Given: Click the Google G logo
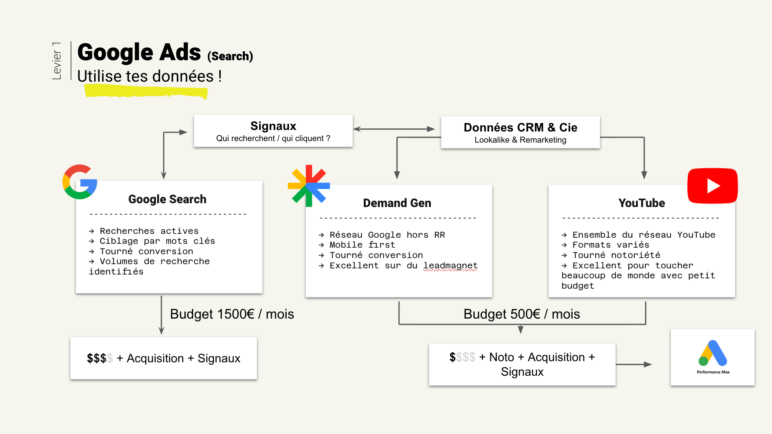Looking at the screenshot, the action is point(80,182).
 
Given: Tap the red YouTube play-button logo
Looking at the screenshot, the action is point(713,186).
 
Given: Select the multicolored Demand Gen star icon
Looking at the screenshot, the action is point(309,186).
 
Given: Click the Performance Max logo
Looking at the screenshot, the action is point(713,357).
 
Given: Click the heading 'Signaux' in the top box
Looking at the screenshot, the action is point(273,126).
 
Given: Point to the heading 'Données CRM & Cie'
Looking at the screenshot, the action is point(520,127).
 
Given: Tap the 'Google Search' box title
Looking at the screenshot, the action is point(167,199).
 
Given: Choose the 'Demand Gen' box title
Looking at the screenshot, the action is point(397,203).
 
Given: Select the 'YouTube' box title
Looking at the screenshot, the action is point(642,203).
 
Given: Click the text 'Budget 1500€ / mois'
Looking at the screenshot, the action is point(232,314).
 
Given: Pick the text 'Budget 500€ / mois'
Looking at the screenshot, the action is point(522,314).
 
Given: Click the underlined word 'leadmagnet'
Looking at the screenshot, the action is point(450,266).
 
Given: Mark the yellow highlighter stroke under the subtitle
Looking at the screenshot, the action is point(146,92).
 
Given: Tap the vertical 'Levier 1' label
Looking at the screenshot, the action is point(57,61).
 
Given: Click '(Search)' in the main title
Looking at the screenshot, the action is point(230,56).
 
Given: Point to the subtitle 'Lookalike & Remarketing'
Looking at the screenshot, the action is point(520,140).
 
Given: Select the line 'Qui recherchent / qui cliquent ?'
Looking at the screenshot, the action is point(273,138).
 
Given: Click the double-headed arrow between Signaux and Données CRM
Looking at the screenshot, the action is point(394,129).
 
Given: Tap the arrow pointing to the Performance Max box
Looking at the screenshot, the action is point(634,365).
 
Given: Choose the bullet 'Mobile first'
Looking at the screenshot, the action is point(362,245).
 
